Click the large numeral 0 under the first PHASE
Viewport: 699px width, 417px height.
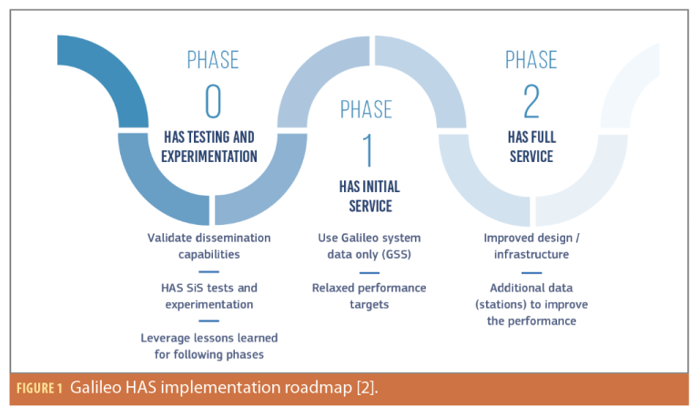(x=211, y=103)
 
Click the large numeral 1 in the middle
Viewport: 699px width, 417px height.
(x=368, y=148)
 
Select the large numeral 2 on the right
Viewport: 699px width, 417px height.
(x=530, y=103)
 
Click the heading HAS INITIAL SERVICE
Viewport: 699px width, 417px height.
(x=369, y=196)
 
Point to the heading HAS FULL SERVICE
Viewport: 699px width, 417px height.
(x=530, y=147)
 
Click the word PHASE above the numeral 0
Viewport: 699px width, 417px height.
(x=211, y=61)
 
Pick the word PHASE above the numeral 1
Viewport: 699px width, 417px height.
(x=369, y=110)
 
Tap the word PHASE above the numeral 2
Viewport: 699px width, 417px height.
(x=531, y=61)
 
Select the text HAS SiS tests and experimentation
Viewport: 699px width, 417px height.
(x=209, y=296)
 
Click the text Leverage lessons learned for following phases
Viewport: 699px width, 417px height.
(x=209, y=345)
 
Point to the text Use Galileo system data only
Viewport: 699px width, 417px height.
(x=369, y=246)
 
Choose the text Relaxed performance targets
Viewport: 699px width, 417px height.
(x=369, y=296)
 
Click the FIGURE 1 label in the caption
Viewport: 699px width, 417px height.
(x=38, y=389)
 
